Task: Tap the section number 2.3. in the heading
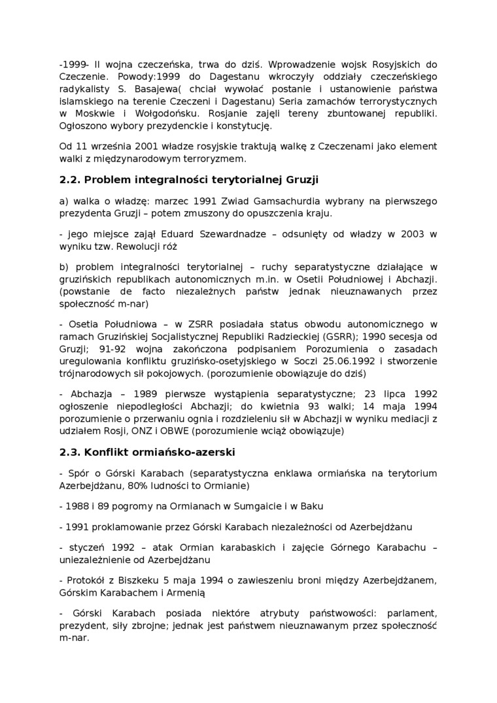[69, 453]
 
